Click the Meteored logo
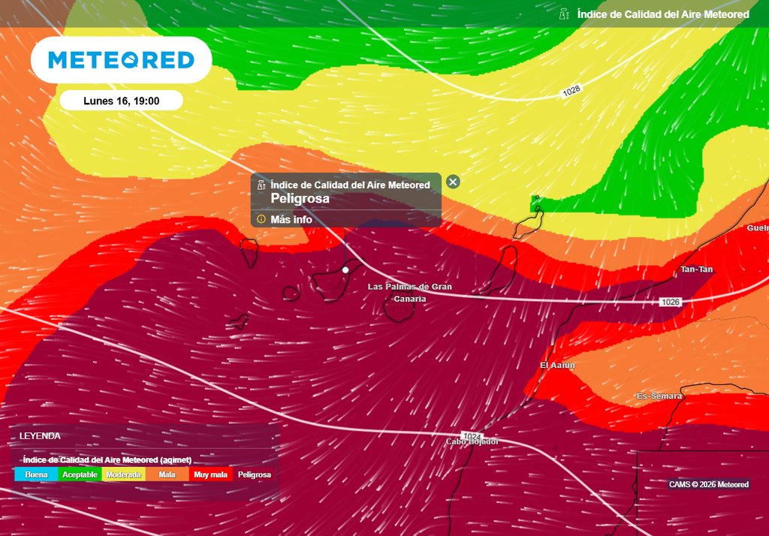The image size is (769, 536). click(x=121, y=60)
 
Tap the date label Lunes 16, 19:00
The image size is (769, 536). click(x=121, y=101)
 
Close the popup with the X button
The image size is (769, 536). click(x=453, y=182)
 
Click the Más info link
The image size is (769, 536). click(x=291, y=219)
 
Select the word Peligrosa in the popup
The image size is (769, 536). click(x=300, y=199)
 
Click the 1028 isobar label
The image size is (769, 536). click(x=571, y=91)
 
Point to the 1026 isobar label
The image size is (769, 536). click(x=671, y=302)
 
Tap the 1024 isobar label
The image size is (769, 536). click(x=472, y=436)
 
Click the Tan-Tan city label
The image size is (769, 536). click(x=696, y=270)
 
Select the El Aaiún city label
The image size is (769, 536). click(x=557, y=365)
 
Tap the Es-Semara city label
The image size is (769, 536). click(x=659, y=396)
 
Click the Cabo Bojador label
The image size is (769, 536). click(x=472, y=442)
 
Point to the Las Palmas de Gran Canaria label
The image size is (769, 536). click(x=409, y=293)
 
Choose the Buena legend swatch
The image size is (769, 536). click(x=36, y=474)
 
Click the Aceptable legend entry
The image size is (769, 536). click(x=80, y=474)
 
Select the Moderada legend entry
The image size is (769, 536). click(x=124, y=474)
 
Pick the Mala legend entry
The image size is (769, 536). click(x=167, y=474)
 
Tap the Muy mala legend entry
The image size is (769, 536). click(x=210, y=474)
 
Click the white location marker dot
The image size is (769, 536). click(x=345, y=269)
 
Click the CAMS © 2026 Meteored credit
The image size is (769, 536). click(x=708, y=484)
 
